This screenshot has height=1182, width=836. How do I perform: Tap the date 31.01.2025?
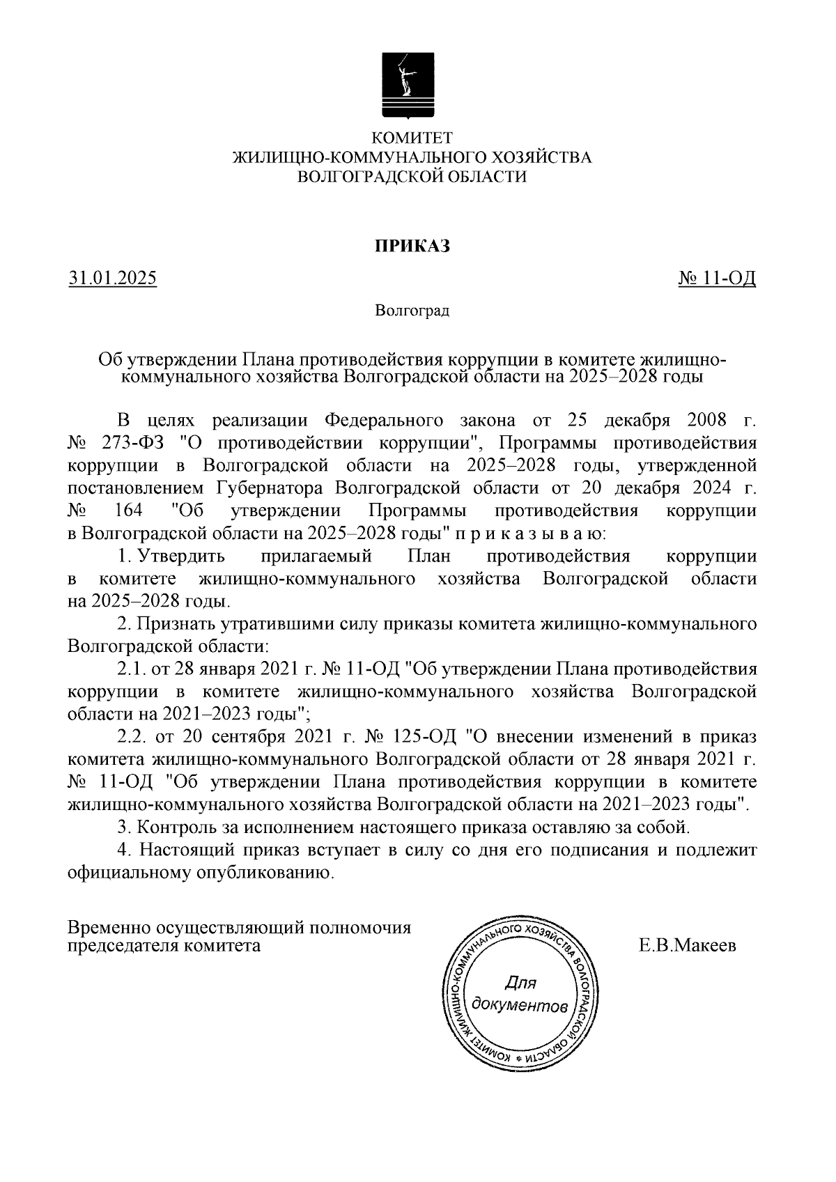[x=112, y=279]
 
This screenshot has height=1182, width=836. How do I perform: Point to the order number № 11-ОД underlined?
[x=717, y=279]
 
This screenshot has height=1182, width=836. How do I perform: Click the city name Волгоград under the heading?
[x=412, y=310]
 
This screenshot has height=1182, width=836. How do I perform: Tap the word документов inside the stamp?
[x=520, y=1006]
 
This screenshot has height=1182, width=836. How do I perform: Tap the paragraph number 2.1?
[x=130, y=669]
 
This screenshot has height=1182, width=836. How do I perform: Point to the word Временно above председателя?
[x=107, y=928]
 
